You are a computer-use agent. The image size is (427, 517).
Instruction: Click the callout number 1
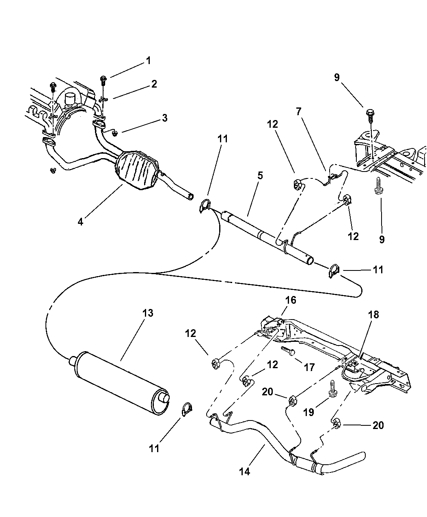[x=148, y=61]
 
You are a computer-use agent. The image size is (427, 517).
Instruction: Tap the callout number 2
[x=153, y=84]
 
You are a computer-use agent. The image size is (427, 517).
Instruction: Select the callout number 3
[x=164, y=118]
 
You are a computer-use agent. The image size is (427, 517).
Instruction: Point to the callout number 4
[x=80, y=222]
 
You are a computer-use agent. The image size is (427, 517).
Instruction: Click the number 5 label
[x=260, y=175]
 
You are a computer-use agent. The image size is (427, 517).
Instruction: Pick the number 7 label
[x=298, y=112]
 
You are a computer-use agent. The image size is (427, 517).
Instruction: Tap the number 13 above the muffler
[x=148, y=313]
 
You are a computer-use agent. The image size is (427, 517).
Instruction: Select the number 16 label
[x=291, y=300]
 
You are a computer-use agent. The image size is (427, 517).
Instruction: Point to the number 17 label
[x=309, y=367]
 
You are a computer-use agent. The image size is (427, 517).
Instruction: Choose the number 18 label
[x=373, y=315]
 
